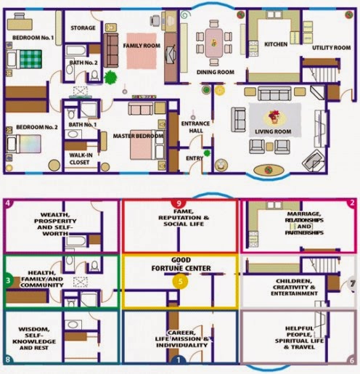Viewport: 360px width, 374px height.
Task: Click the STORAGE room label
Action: click(x=83, y=28)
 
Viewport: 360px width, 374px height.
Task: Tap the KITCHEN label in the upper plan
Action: click(x=276, y=44)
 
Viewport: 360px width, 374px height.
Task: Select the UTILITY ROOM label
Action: click(x=331, y=48)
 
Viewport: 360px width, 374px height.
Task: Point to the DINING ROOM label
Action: click(x=216, y=72)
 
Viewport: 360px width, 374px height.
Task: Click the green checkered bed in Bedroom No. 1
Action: click(x=30, y=59)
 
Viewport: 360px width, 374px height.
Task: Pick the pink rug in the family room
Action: click(x=142, y=51)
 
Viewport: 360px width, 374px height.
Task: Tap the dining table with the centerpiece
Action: click(x=214, y=43)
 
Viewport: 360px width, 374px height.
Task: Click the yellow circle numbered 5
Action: click(x=180, y=282)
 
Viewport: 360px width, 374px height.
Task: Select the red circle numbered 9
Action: click(x=179, y=203)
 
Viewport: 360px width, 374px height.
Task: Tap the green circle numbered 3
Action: click(x=9, y=280)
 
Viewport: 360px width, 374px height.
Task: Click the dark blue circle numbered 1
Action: click(x=179, y=359)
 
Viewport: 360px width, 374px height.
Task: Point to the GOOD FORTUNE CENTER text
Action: click(x=181, y=264)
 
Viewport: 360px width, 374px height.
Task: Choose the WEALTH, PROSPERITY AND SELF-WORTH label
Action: click(x=55, y=224)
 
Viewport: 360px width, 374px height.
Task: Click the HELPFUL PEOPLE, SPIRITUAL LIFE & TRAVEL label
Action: click(x=300, y=338)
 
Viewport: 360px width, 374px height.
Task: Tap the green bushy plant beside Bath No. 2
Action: click(x=110, y=78)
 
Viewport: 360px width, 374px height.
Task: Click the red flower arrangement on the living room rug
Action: click(x=274, y=116)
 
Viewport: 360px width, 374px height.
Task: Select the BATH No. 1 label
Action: click(x=83, y=125)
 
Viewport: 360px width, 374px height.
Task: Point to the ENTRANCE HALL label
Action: click(x=196, y=127)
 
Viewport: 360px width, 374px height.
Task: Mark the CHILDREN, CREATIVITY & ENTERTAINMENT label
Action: click(x=294, y=288)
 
